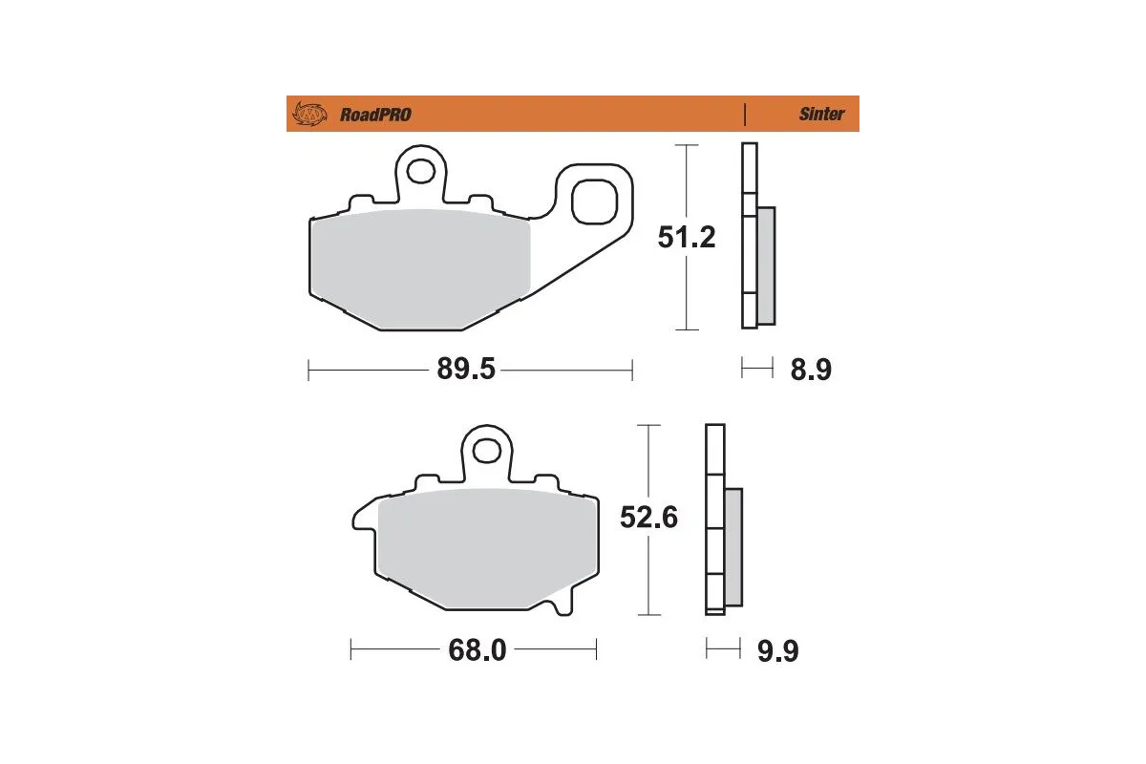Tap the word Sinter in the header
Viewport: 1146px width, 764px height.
[x=821, y=115]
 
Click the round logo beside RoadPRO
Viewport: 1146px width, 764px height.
[x=308, y=115]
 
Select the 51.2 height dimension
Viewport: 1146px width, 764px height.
[x=686, y=237]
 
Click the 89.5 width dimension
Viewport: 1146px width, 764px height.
[x=466, y=370]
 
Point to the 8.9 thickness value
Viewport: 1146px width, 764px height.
[x=810, y=370]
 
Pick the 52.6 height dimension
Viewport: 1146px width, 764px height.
[x=648, y=518]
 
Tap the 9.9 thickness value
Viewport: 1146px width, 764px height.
[x=777, y=651]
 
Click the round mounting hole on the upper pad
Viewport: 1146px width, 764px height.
[x=420, y=171]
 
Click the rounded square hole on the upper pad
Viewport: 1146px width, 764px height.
[x=593, y=202]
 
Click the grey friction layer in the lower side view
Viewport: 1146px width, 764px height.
[x=732, y=547]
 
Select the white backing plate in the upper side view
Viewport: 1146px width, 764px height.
[x=749, y=239]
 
